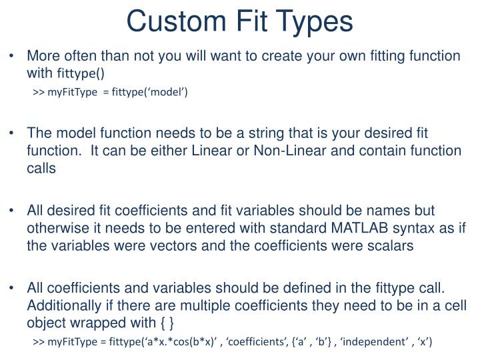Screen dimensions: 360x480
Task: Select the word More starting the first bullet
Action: (x=43, y=55)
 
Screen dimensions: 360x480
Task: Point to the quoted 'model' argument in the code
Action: (x=169, y=91)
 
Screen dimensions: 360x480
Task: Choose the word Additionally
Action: (x=61, y=307)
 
